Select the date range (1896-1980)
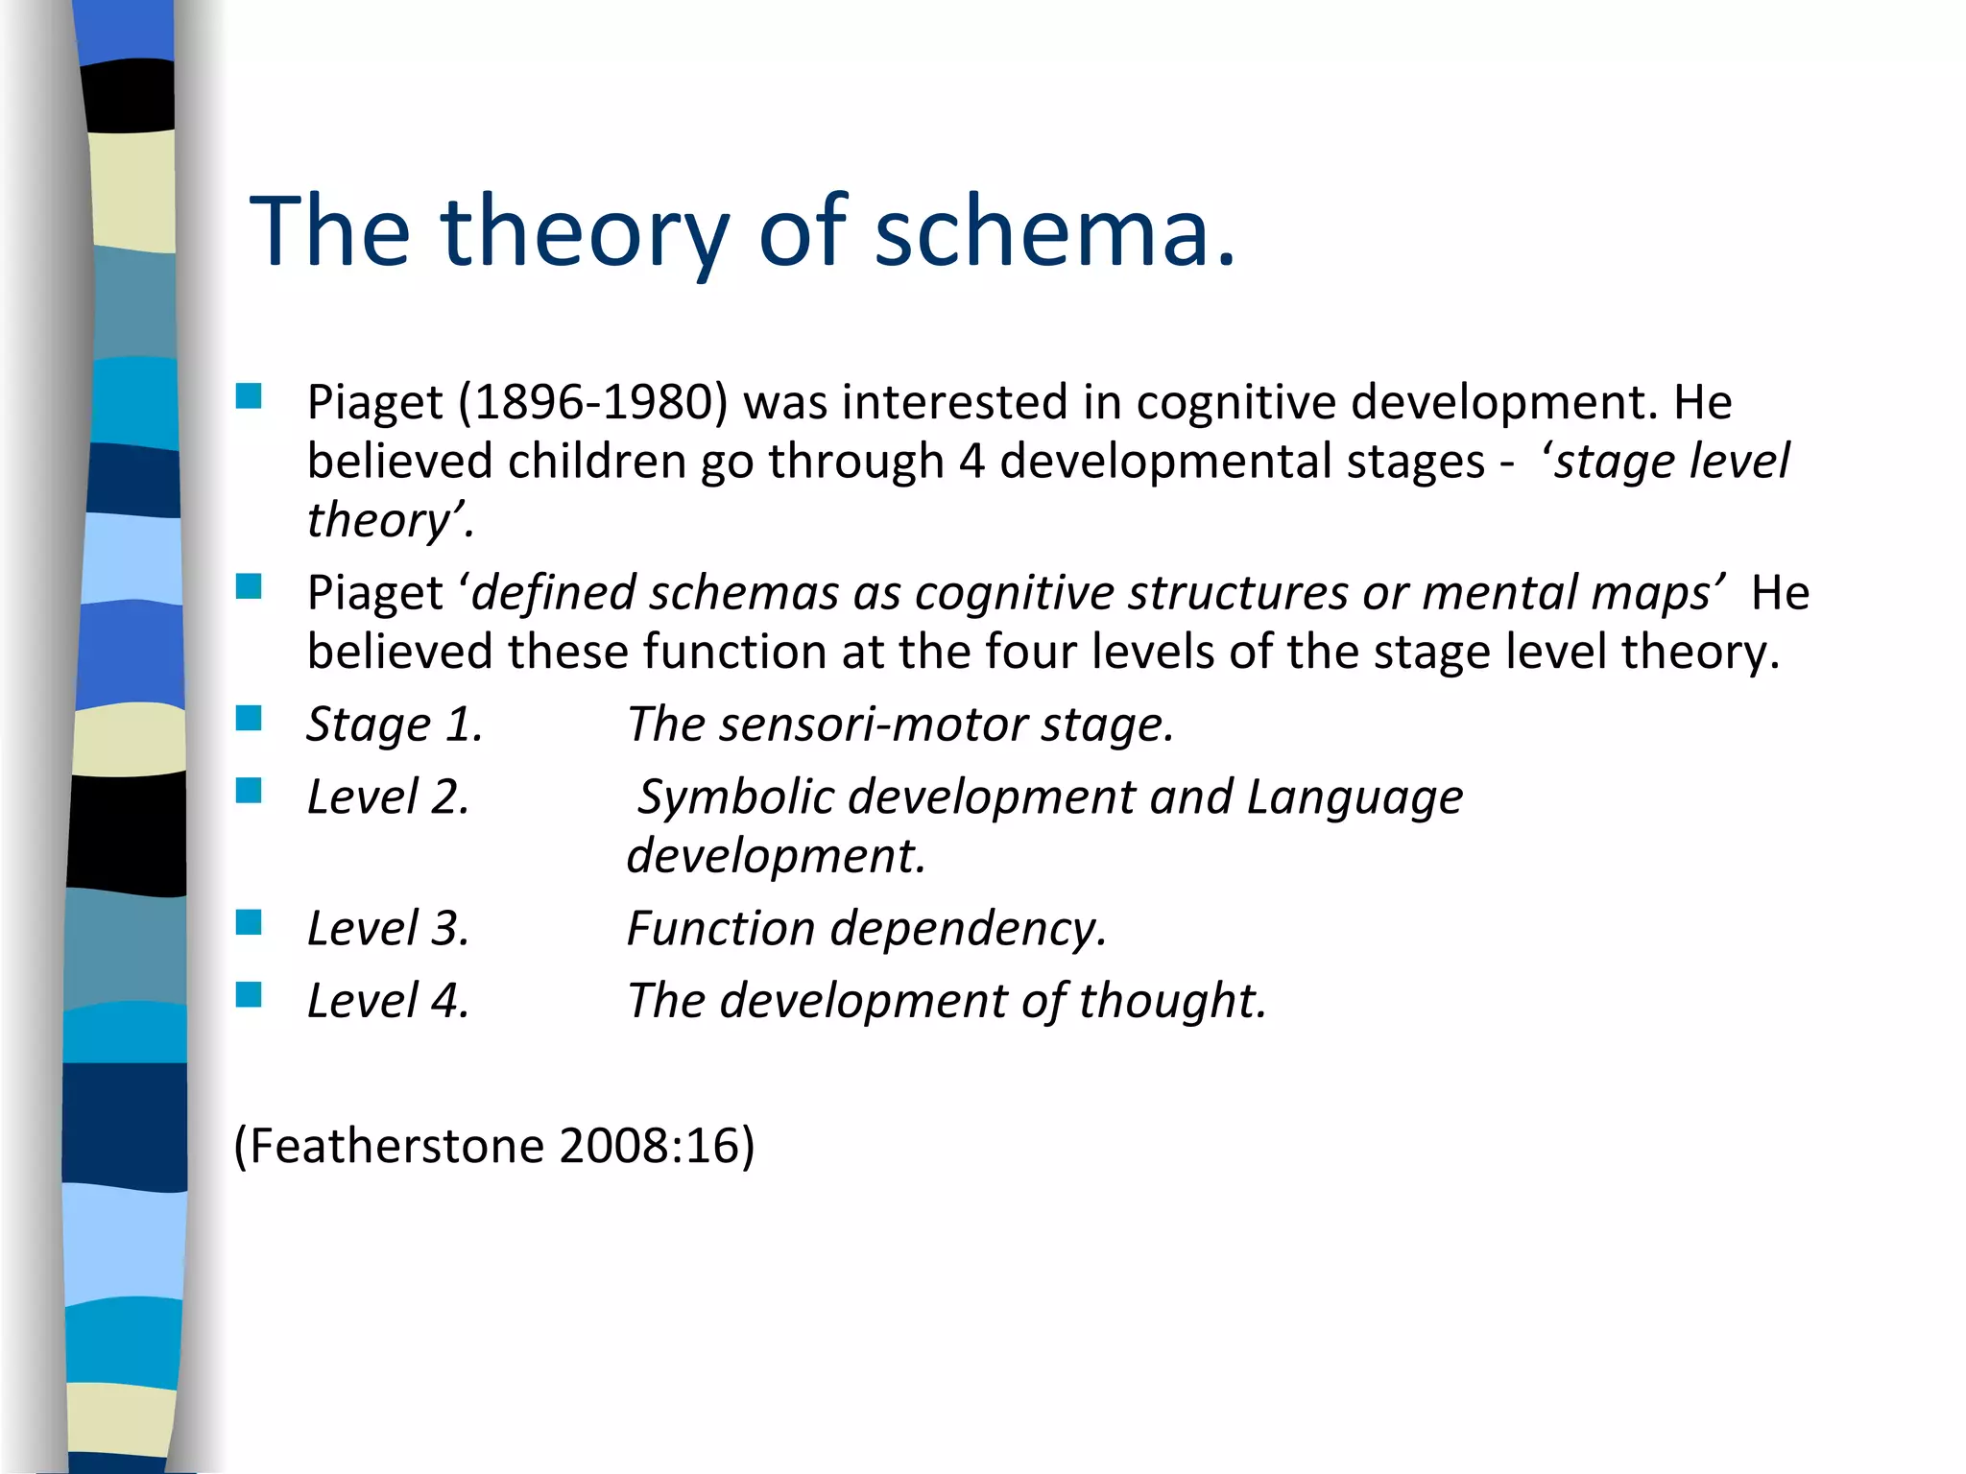coord(592,402)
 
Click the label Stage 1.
coord(394,725)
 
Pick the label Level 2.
coord(388,797)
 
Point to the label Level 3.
coord(388,929)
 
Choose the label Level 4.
coord(388,1001)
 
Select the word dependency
coord(968,929)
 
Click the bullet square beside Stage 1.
coord(249,718)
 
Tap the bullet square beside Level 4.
coord(249,994)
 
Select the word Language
coord(1355,797)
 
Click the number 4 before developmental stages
coord(971,462)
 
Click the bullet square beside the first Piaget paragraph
coord(249,396)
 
